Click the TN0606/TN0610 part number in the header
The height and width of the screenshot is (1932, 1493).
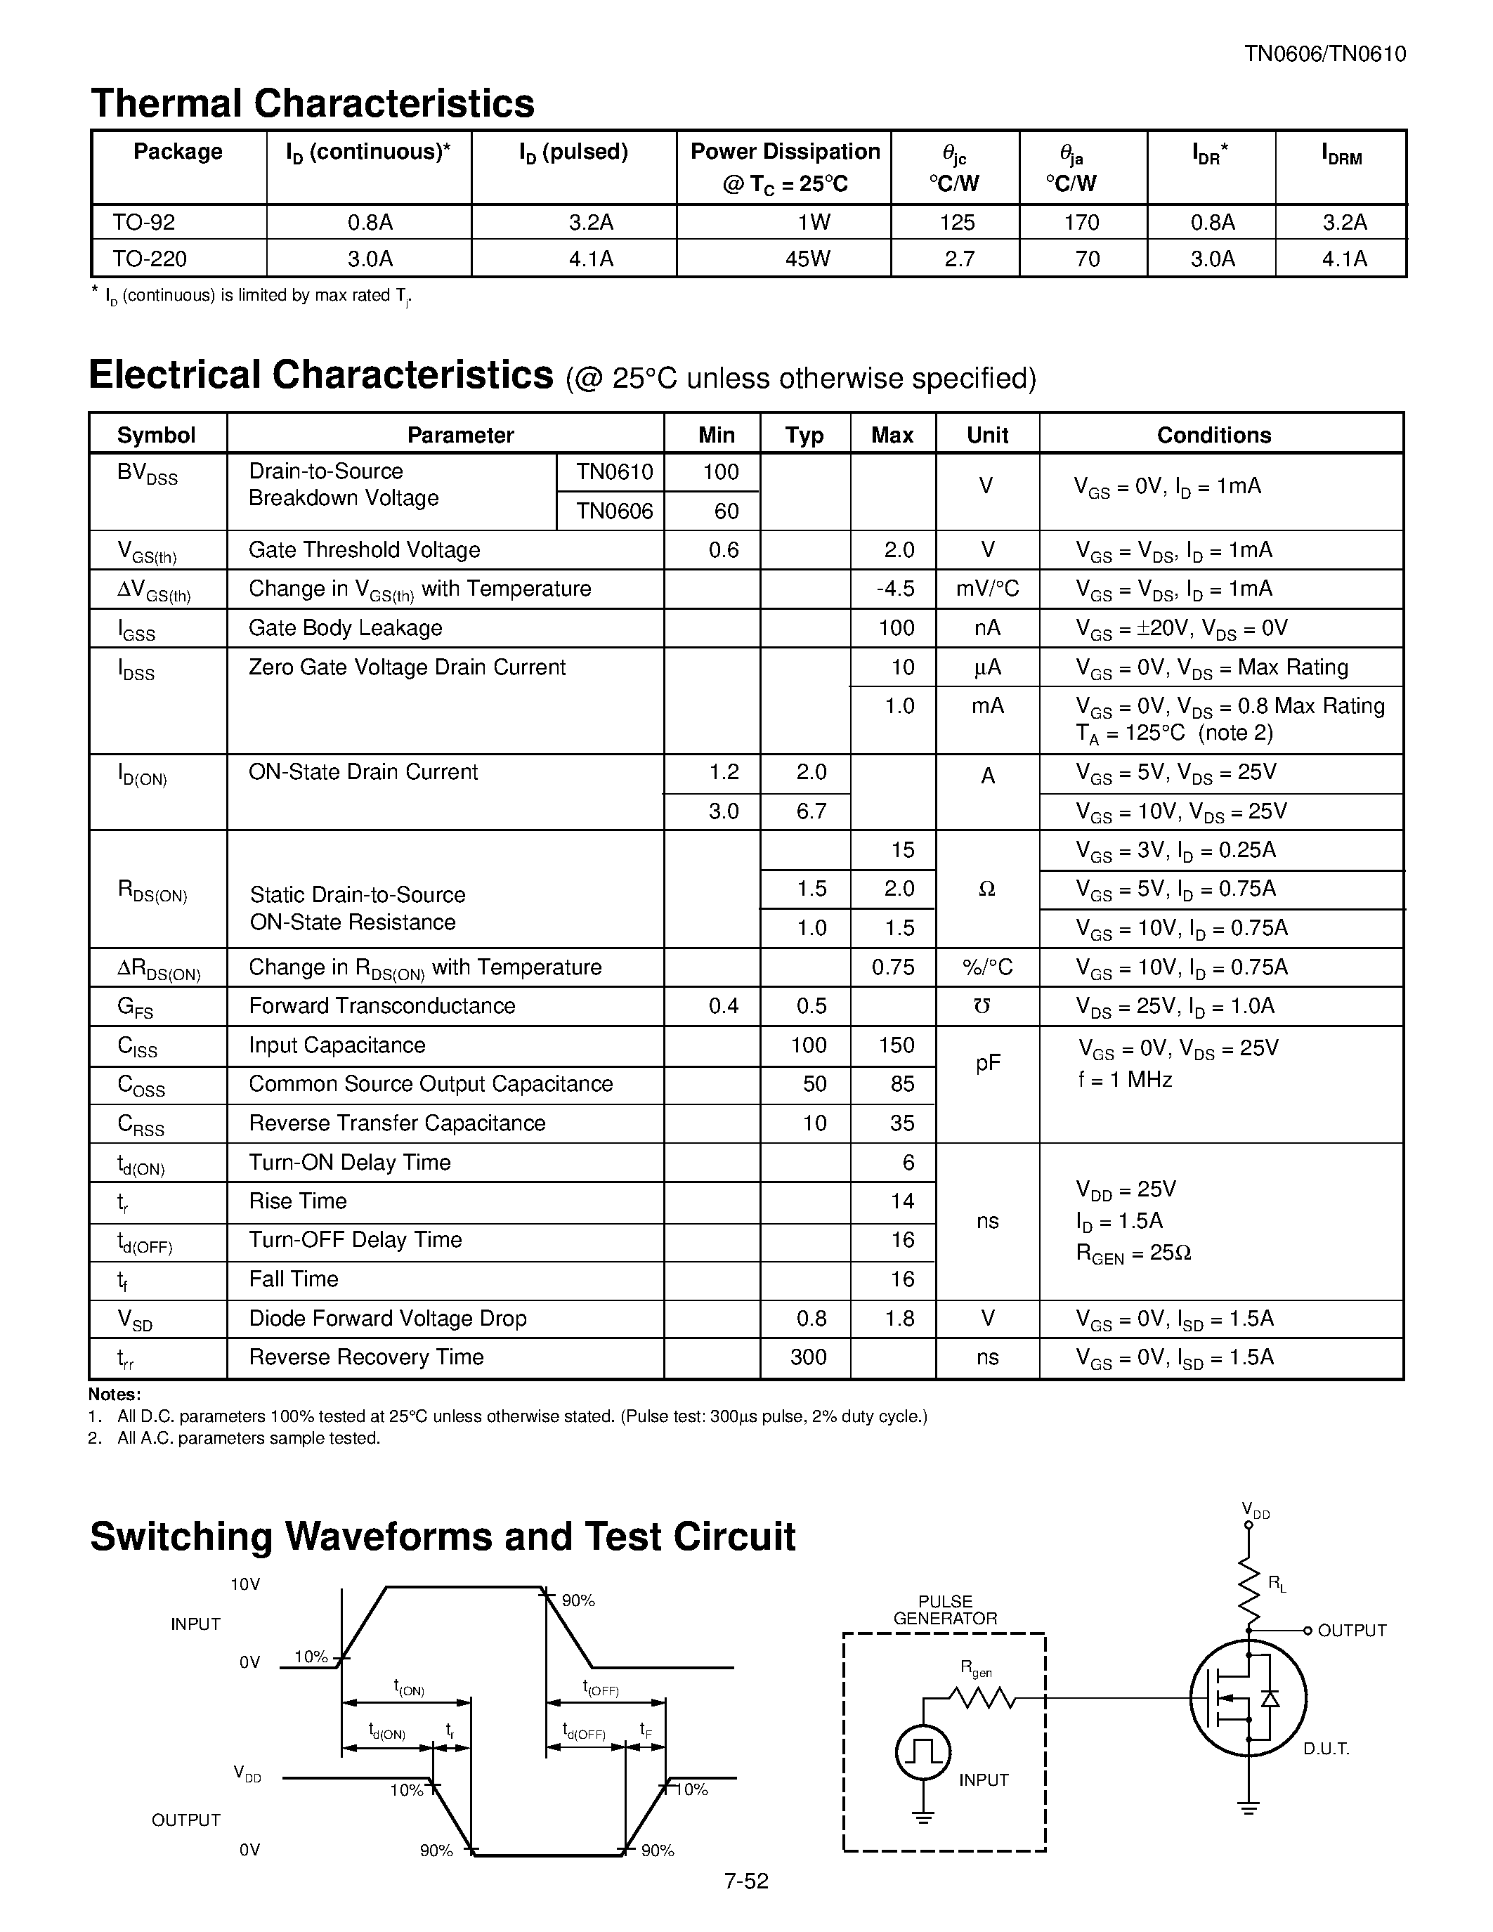pyautogui.click(x=1324, y=54)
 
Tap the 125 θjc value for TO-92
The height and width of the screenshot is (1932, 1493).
pyautogui.click(x=956, y=222)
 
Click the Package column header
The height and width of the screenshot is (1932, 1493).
pyautogui.click(x=178, y=152)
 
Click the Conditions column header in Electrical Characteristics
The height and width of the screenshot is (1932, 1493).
pyautogui.click(x=1213, y=436)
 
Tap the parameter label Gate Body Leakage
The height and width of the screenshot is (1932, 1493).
pyautogui.click(x=345, y=628)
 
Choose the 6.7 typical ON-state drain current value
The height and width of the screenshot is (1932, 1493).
pyautogui.click(x=810, y=811)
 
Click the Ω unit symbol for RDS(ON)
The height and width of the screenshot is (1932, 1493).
pyautogui.click(x=987, y=889)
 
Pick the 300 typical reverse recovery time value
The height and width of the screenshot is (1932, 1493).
pyautogui.click(x=807, y=1357)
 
